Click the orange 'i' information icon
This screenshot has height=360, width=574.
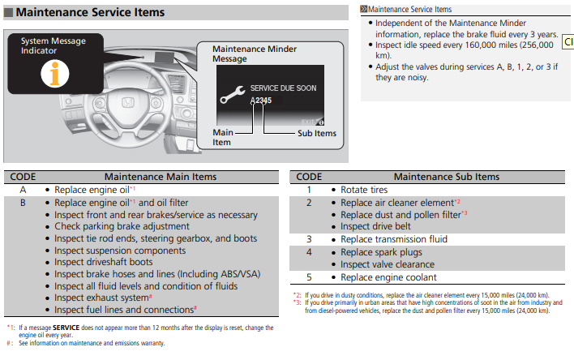click(55, 74)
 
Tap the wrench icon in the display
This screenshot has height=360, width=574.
click(233, 95)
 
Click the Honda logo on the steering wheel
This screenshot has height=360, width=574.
click(128, 102)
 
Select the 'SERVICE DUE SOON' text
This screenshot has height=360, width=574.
click(283, 88)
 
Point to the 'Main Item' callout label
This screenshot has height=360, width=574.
click(223, 137)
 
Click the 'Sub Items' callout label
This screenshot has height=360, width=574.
click(317, 133)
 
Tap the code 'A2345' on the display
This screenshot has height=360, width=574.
click(261, 101)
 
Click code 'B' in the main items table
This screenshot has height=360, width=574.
click(23, 203)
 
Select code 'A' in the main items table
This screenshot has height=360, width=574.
click(23, 190)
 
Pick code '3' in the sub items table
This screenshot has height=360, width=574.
click(309, 239)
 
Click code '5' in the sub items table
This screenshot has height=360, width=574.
click(309, 277)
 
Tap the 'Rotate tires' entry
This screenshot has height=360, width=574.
click(364, 190)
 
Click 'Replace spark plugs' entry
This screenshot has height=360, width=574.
click(381, 252)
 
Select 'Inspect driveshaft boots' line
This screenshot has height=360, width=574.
click(103, 262)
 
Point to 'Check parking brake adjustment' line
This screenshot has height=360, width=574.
click(122, 226)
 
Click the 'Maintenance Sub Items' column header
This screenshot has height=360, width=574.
click(446, 177)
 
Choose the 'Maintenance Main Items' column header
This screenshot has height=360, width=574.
click(161, 177)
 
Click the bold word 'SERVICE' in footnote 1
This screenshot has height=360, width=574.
click(66, 328)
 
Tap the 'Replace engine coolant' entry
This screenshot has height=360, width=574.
click(388, 277)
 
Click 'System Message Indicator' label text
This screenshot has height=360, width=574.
click(53, 45)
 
